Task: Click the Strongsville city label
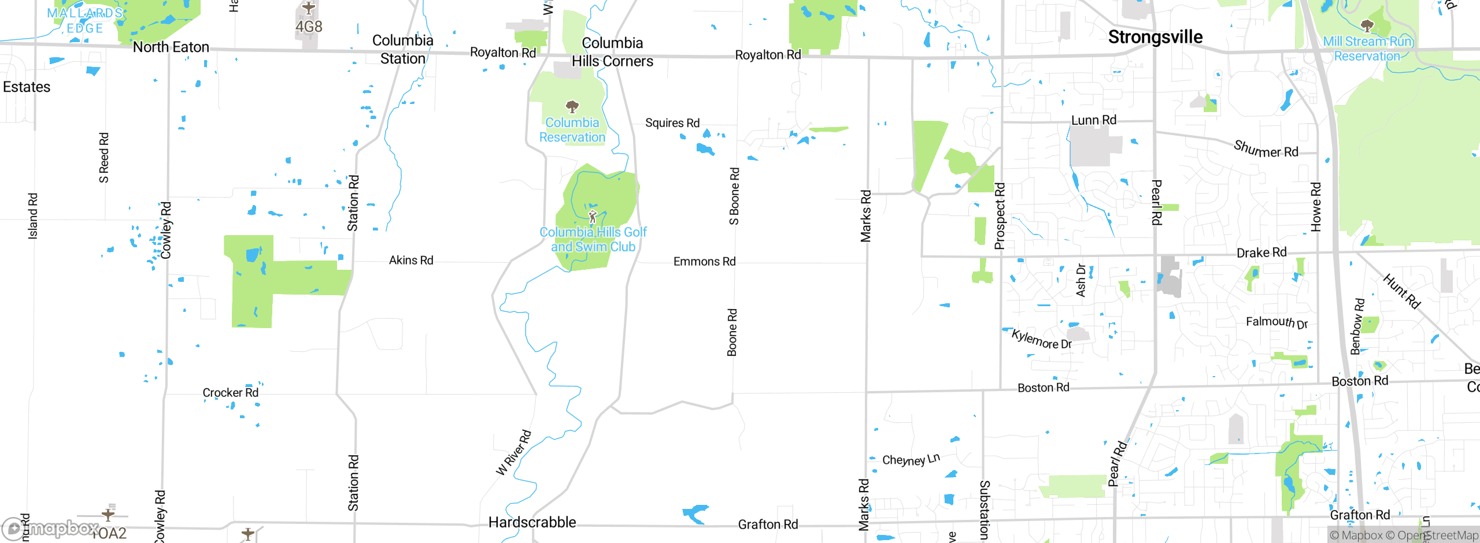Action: (x=1155, y=37)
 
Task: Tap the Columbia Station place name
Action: (x=403, y=49)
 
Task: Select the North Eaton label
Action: (x=171, y=47)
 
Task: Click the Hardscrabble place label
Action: (x=532, y=522)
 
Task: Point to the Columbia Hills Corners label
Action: (x=612, y=52)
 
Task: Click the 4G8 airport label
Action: (x=309, y=27)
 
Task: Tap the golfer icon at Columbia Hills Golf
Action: (x=592, y=217)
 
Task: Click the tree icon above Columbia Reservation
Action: (x=572, y=107)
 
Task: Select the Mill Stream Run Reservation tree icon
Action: (x=1367, y=25)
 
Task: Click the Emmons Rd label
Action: (x=704, y=262)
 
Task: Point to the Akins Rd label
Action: (x=411, y=261)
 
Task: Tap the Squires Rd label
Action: (x=672, y=123)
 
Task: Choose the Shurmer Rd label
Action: (x=1266, y=149)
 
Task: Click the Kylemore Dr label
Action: (x=1042, y=340)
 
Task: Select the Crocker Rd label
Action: (x=230, y=393)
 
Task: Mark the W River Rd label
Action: (x=513, y=453)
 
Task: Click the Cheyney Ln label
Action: (x=911, y=460)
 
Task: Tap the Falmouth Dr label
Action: (x=1276, y=322)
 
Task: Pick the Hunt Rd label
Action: (x=1401, y=291)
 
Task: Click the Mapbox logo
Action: (x=51, y=529)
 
